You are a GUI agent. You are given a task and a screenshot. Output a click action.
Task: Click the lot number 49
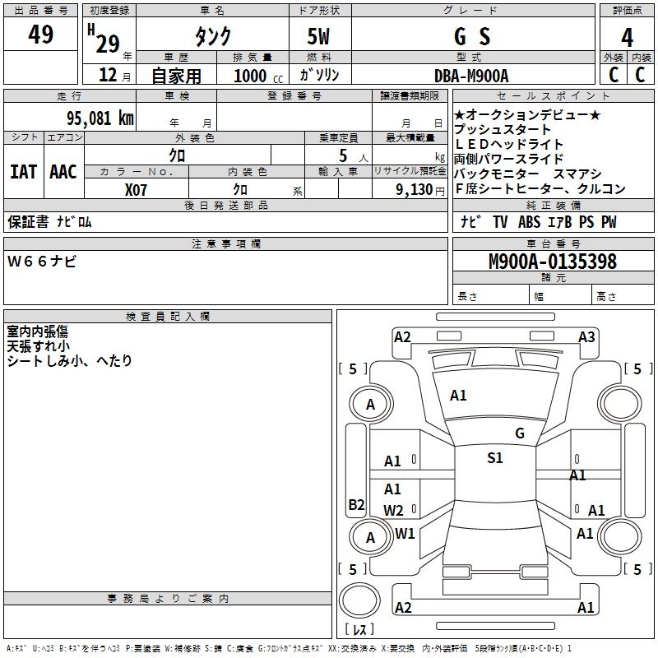pos(41,35)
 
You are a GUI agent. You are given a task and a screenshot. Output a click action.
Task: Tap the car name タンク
pos(212,36)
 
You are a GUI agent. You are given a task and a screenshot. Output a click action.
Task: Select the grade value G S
pos(472,36)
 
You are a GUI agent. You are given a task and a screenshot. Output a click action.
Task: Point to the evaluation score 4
pos(628,38)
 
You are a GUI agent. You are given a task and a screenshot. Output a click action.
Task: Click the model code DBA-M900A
pos(471,76)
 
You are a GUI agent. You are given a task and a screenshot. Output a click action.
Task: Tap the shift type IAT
pos(23,171)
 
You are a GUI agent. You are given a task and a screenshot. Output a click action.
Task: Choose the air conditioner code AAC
pos(63,171)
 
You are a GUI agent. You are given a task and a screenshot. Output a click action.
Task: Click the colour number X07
pos(137,189)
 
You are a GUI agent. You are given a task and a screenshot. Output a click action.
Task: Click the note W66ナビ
pos(42,262)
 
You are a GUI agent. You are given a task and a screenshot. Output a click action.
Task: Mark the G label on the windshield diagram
pos(519,433)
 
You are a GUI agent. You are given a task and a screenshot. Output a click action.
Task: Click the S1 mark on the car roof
pos(494,458)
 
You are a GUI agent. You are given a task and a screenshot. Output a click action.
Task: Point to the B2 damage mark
pos(356,505)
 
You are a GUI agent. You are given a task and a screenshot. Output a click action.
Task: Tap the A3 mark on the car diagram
pos(586,336)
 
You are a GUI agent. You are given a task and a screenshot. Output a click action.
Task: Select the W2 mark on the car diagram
pos(393,510)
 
